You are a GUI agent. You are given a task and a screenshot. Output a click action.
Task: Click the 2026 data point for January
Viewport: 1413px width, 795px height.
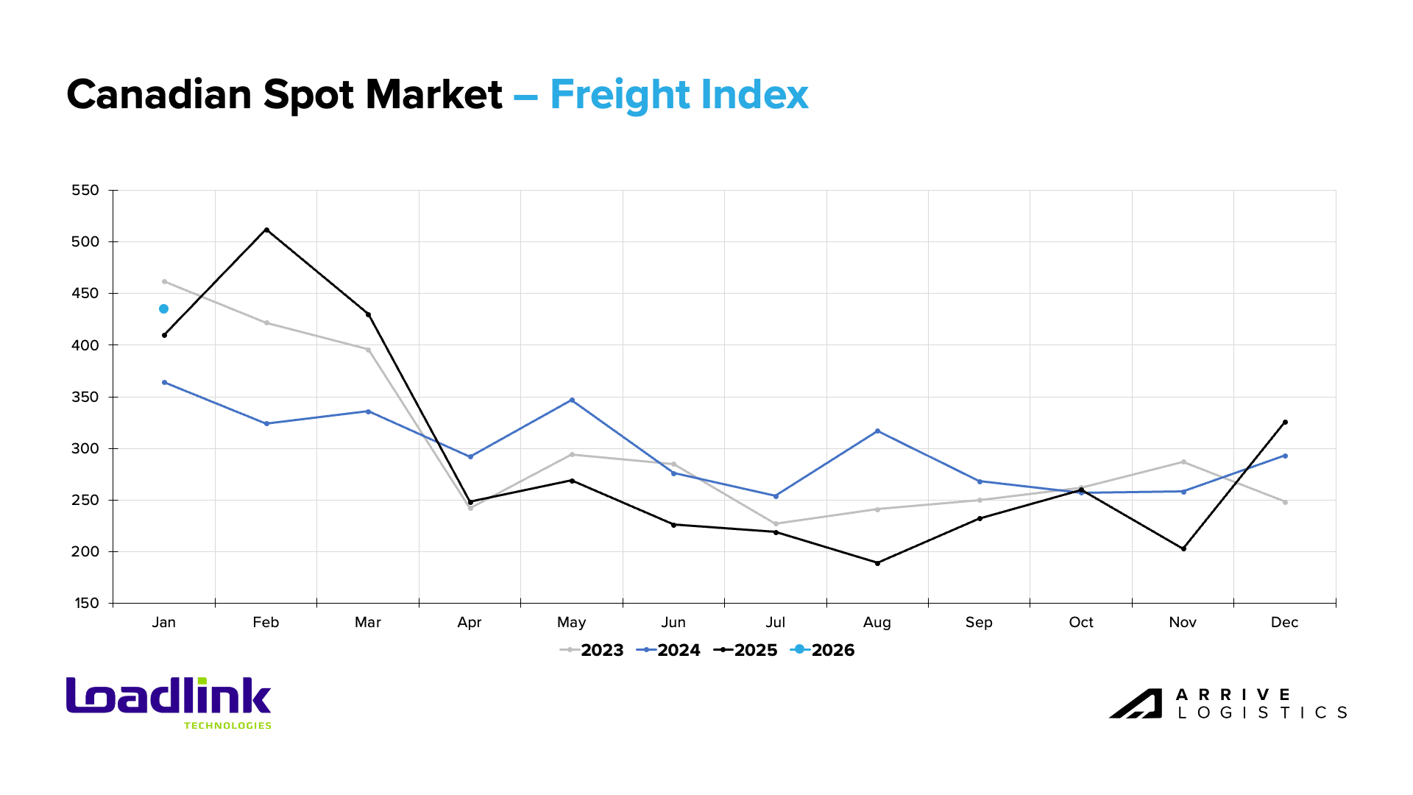pos(163,309)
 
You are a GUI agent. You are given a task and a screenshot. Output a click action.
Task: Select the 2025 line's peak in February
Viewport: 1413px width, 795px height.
pos(266,230)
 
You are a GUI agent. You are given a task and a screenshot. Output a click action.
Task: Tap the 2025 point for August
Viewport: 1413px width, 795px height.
pos(877,563)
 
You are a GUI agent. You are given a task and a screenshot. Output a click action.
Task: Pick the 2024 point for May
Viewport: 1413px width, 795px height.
pos(572,400)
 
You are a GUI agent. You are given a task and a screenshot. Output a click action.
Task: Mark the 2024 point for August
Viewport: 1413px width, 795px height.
pos(877,431)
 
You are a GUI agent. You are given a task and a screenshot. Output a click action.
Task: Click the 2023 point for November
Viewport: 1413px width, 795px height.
pos(1183,462)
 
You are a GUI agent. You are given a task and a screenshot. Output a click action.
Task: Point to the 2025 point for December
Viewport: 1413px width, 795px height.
pos(1285,423)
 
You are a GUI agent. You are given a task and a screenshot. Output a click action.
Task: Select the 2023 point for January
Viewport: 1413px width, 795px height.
pos(164,281)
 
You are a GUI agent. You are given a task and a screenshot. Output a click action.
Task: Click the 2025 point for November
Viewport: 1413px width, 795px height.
pos(1183,549)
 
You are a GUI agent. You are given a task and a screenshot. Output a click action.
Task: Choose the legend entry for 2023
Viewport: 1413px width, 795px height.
pos(592,650)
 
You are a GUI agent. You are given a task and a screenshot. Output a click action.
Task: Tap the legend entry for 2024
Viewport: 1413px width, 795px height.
pos(669,650)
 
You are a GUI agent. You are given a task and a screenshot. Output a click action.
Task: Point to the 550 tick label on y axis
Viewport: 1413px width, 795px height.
pos(85,191)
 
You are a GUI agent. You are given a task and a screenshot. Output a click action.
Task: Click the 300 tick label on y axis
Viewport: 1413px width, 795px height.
pos(85,449)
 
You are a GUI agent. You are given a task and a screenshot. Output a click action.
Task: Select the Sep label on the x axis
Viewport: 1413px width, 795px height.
pos(979,623)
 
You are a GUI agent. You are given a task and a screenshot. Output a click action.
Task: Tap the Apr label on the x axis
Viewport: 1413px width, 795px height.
pos(470,623)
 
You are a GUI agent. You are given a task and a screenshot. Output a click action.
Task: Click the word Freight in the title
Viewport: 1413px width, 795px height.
pos(620,95)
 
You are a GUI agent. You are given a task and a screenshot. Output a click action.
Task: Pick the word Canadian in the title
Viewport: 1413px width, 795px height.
pos(159,95)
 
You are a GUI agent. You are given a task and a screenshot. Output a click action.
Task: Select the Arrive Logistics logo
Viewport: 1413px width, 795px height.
pos(1228,704)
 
